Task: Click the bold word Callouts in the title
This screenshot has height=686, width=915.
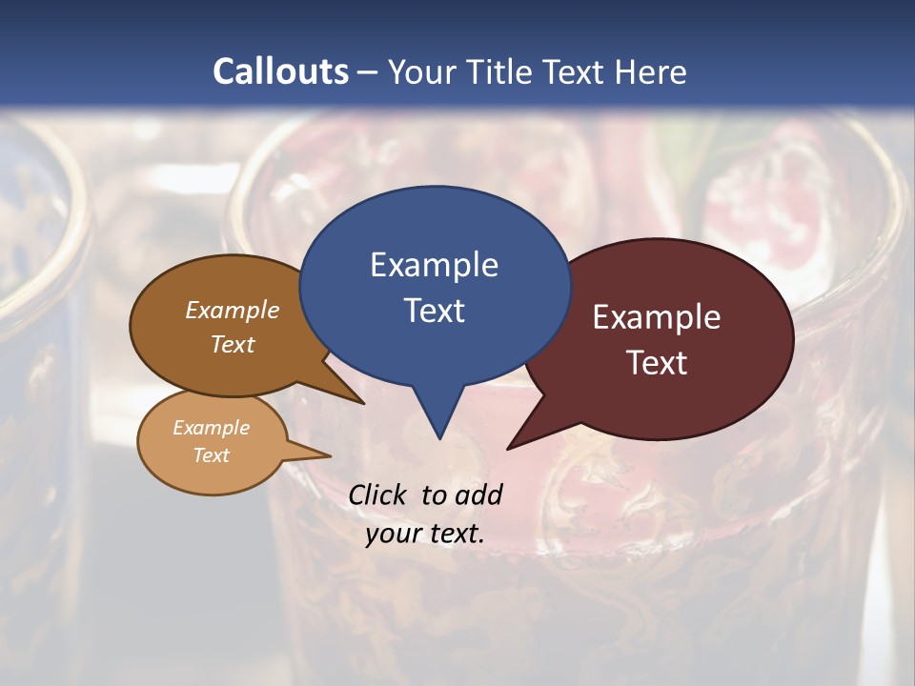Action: pyautogui.click(x=280, y=71)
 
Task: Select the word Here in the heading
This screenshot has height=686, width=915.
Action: pyautogui.click(x=651, y=72)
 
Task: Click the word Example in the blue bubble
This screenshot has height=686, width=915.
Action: pyautogui.click(x=434, y=265)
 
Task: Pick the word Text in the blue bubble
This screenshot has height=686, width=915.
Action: pyautogui.click(x=434, y=311)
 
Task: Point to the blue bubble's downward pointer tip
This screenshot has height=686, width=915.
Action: pyautogui.click(x=439, y=438)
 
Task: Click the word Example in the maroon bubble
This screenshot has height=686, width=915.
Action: pyautogui.click(x=657, y=317)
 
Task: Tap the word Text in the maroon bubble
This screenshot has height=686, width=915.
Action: pyautogui.click(x=657, y=363)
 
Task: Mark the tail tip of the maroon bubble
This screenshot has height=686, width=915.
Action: pyautogui.click(x=508, y=448)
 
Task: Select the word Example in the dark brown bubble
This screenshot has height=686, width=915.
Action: pyautogui.click(x=233, y=310)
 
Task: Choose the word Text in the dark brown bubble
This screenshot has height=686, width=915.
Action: pyautogui.click(x=233, y=344)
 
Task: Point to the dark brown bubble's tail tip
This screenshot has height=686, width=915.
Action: pyautogui.click(x=364, y=403)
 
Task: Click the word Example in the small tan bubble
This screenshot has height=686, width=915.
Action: pyautogui.click(x=211, y=428)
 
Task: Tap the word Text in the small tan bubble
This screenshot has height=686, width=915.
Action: pyautogui.click(x=211, y=455)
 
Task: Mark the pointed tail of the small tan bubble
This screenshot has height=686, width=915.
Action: pyautogui.click(x=330, y=455)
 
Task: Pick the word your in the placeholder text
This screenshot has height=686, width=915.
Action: pyautogui.click(x=392, y=534)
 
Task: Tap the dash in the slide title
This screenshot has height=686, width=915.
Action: pyautogui.click(x=368, y=72)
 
